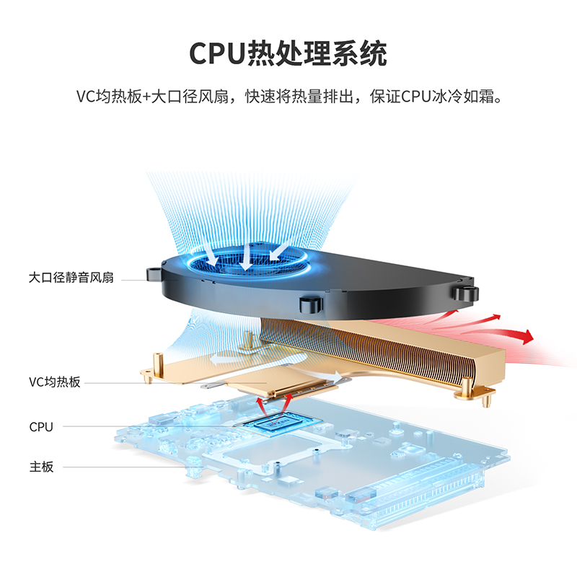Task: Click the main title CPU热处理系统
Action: tap(288, 53)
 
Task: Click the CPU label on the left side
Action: tap(41, 427)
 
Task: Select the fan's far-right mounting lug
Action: tap(466, 292)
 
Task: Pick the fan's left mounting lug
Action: tap(154, 274)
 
